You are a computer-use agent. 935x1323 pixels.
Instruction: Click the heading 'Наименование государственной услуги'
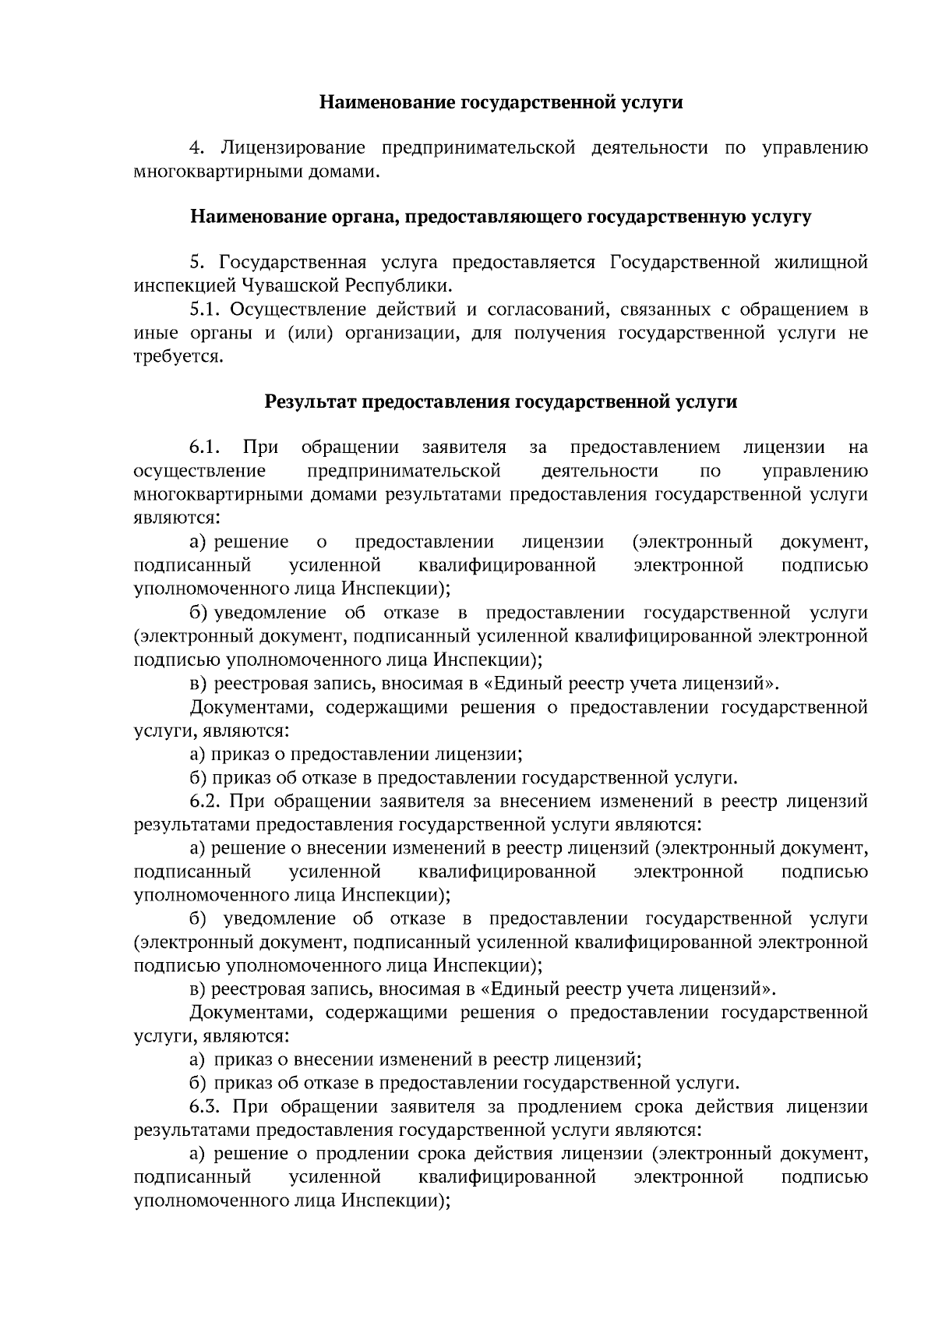[501, 102]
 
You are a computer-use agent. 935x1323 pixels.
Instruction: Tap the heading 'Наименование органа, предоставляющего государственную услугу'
[501, 217]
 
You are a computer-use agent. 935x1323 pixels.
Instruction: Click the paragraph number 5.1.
[206, 310]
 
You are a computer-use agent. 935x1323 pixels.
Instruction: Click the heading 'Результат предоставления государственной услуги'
[501, 402]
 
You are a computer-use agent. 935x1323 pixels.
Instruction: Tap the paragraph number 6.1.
[206, 447]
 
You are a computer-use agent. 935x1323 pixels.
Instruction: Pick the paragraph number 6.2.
[206, 801]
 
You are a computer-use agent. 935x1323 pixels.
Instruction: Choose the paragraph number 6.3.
[206, 1107]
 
